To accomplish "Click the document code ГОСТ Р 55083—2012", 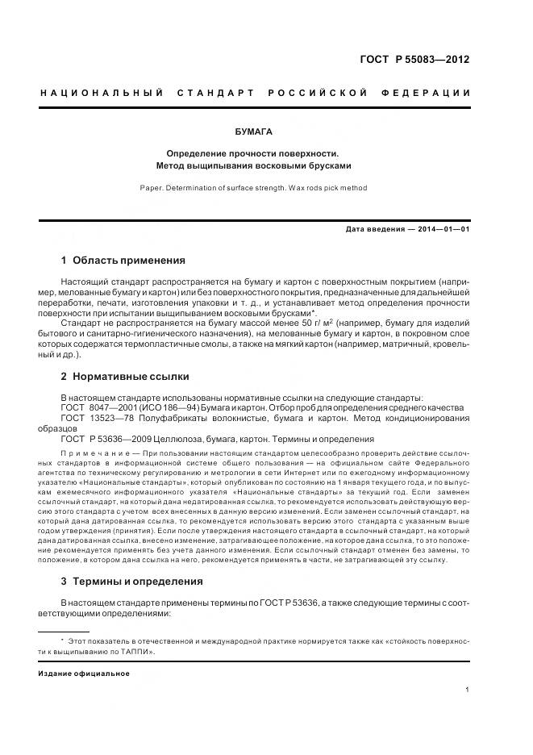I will (414, 59).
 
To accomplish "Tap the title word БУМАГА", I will (254, 131).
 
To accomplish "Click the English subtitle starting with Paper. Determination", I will (254, 187).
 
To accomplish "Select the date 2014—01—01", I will (441, 229).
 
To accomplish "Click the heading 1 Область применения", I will (123, 261).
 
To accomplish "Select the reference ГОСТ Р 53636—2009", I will (107, 439).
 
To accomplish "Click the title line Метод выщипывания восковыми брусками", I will (254, 166).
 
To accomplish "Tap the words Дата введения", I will (375, 229).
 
